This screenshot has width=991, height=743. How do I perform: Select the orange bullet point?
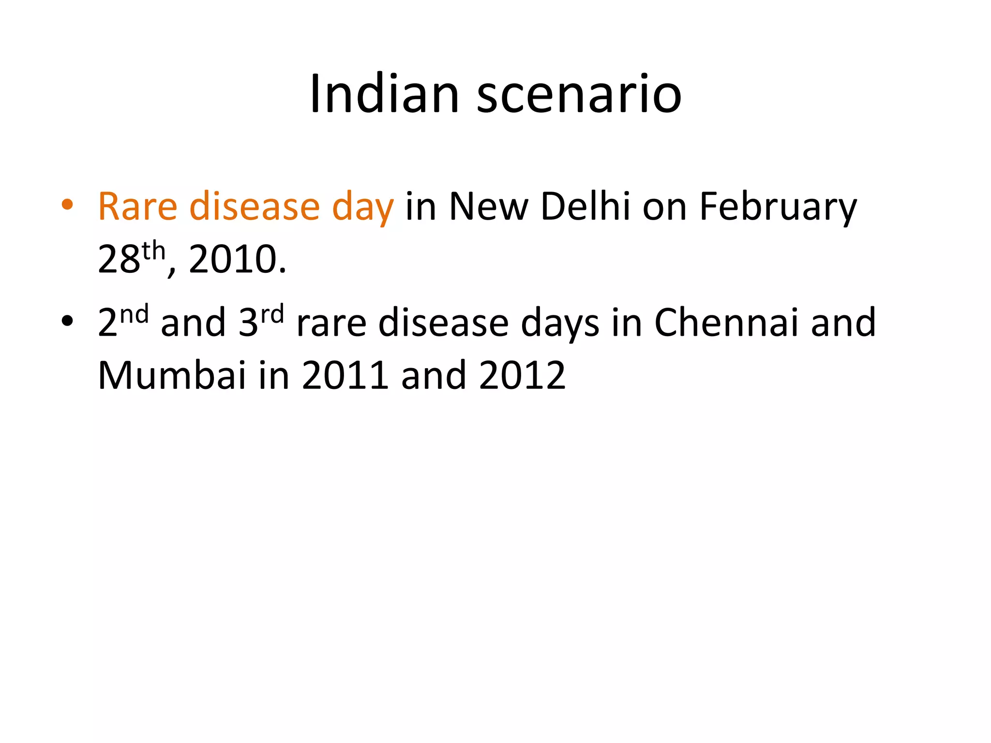[x=67, y=205]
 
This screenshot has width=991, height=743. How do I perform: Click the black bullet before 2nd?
[x=67, y=321]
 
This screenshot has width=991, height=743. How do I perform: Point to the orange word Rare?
[x=137, y=207]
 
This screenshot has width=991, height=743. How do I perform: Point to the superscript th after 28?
[x=154, y=252]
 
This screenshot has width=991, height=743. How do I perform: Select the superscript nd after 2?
[x=134, y=315]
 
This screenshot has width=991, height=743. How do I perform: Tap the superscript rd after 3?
[x=272, y=315]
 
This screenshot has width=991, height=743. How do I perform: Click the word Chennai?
[x=726, y=323]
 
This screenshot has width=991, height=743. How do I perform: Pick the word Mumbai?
[x=172, y=375]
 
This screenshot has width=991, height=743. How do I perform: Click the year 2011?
[x=345, y=375]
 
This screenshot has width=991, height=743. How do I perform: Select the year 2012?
[x=522, y=375]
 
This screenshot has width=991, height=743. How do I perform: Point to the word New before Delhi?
[x=488, y=207]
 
